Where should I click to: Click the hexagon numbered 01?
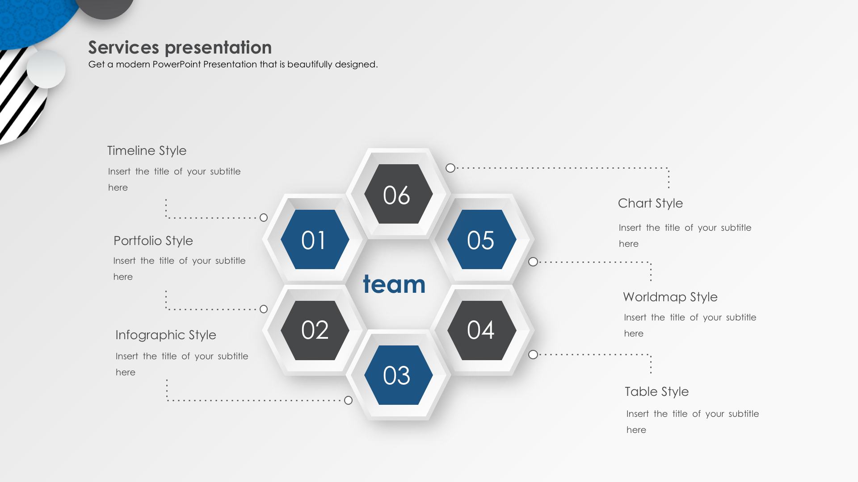pyautogui.click(x=315, y=239)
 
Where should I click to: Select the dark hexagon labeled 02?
pyautogui.click(x=315, y=330)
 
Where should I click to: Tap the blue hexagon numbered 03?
pyautogui.click(x=399, y=375)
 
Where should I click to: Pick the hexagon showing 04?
pyautogui.click(x=482, y=330)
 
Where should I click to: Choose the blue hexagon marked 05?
pyautogui.click(x=482, y=239)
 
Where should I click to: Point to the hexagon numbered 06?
pyautogui.click(x=399, y=194)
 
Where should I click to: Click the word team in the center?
pyautogui.click(x=394, y=284)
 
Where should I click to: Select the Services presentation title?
pyautogui.click(x=180, y=47)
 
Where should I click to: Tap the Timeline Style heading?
pyautogui.click(x=147, y=151)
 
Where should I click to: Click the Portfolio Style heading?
pyautogui.click(x=153, y=241)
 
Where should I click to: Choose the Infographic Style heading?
pyautogui.click(x=166, y=335)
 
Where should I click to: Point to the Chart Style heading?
pyautogui.click(x=650, y=204)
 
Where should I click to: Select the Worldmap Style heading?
pyautogui.click(x=670, y=297)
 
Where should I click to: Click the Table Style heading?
pyautogui.click(x=656, y=392)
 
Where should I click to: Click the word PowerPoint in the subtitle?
pyautogui.click(x=177, y=64)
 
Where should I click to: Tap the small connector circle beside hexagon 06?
pyautogui.click(x=450, y=168)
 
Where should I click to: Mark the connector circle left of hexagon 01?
pyautogui.click(x=264, y=217)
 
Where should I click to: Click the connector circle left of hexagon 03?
pyautogui.click(x=349, y=400)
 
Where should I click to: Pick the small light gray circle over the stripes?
pyautogui.click(x=46, y=69)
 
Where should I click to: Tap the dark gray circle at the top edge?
pyautogui.click(x=105, y=7)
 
